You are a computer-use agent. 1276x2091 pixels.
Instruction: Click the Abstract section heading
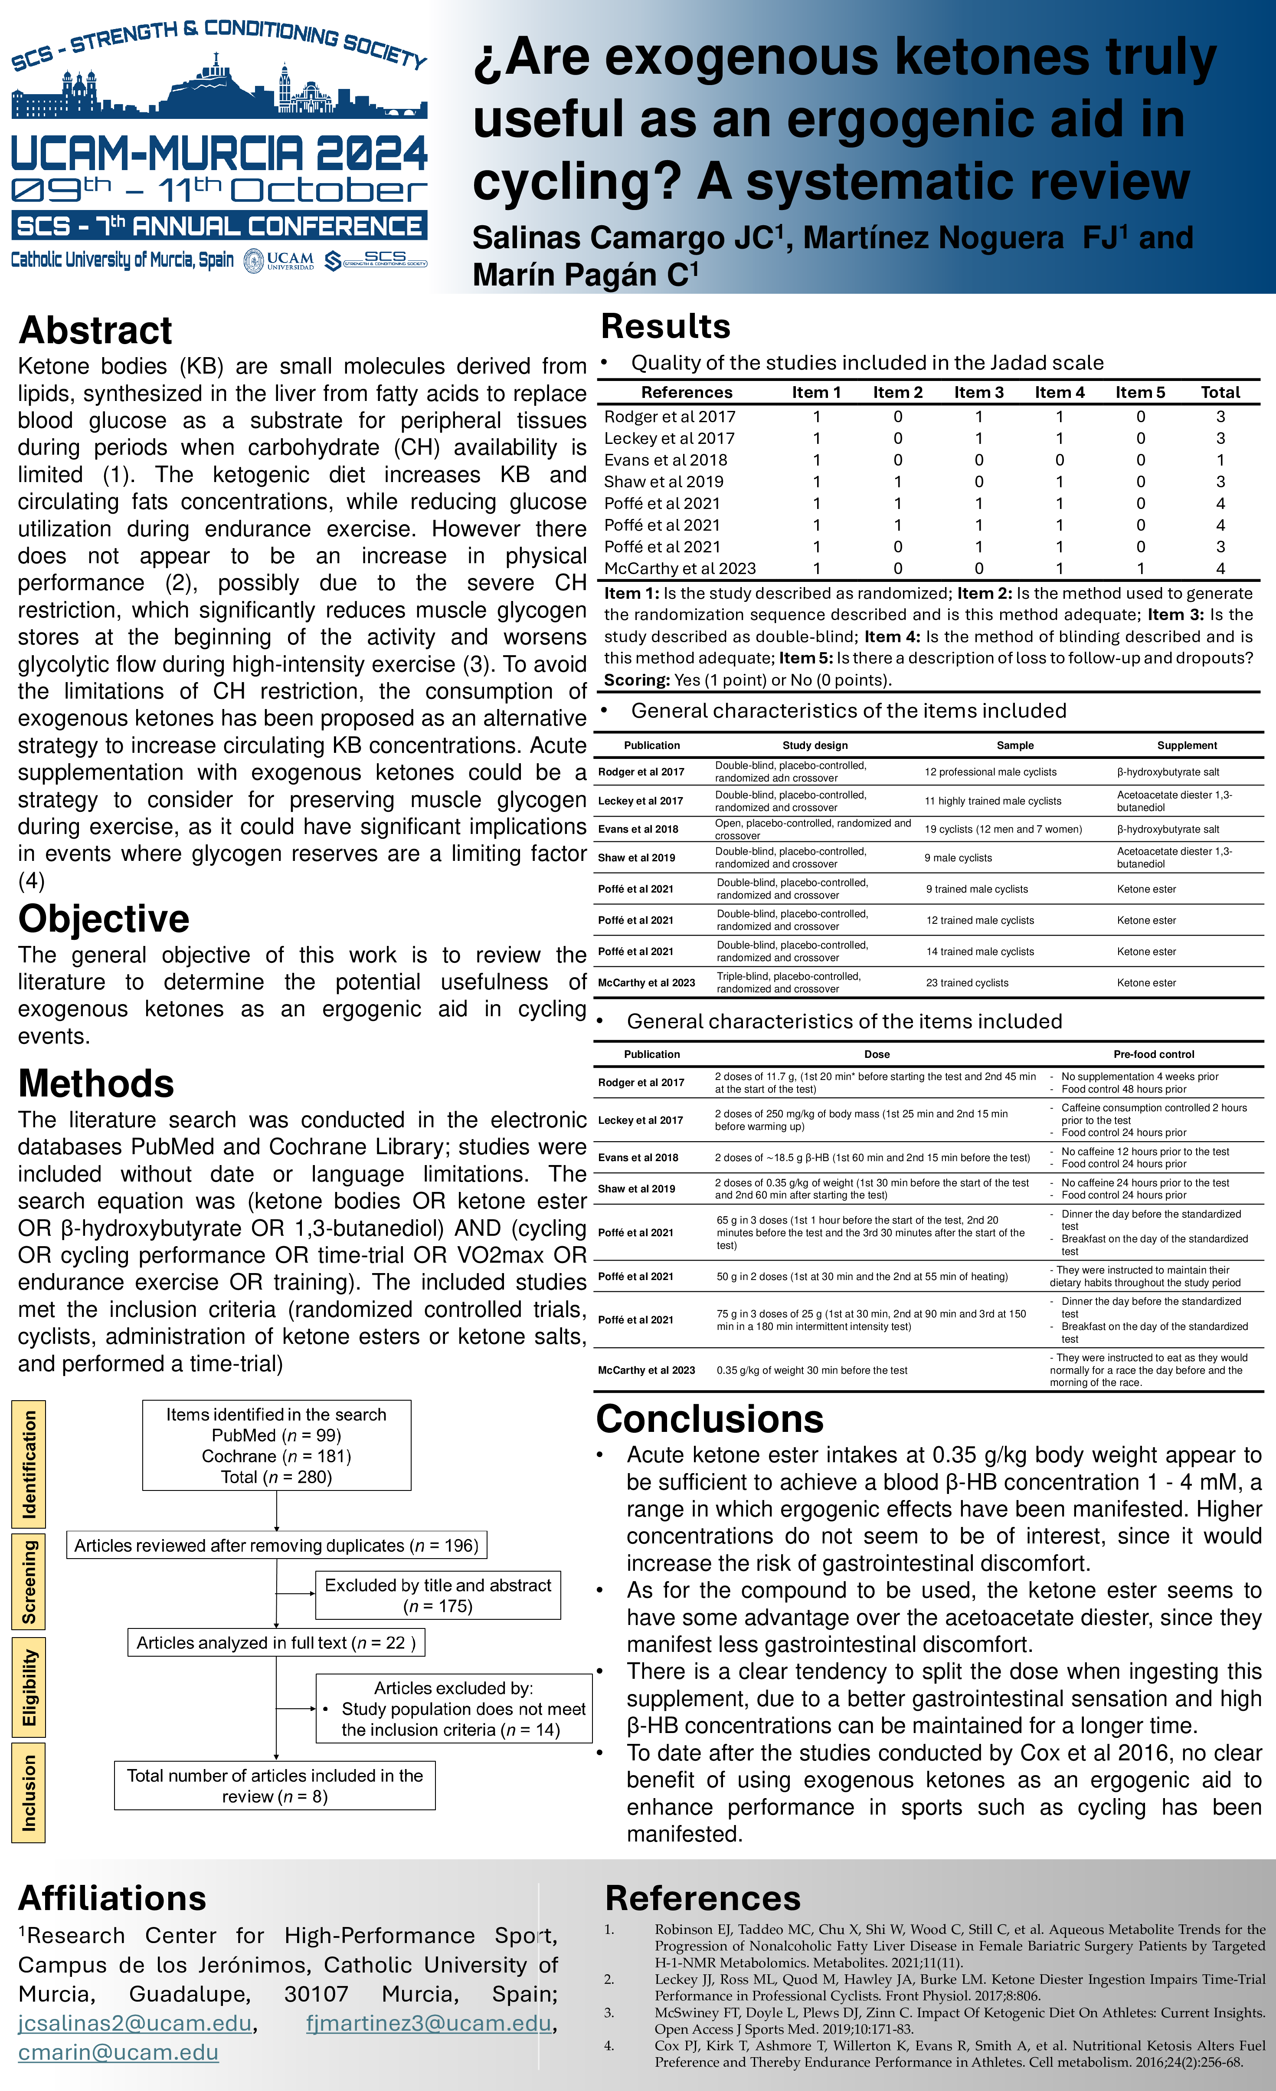click(95, 330)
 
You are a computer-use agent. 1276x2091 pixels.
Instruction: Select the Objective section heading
click(104, 919)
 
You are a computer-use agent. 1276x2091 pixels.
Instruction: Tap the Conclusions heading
click(709, 1419)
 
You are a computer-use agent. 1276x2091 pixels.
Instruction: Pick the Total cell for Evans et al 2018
click(1220, 460)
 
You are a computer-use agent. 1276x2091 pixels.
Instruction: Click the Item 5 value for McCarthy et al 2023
click(1140, 568)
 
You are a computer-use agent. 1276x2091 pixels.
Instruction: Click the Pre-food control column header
click(1153, 1054)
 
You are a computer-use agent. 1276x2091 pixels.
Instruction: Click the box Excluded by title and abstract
click(438, 1595)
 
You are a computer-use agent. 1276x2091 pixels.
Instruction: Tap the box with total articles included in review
click(275, 1786)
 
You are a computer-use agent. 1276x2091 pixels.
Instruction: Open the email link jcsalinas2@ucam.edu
click(135, 2023)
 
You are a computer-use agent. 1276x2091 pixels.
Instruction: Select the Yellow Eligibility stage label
click(29, 1688)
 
